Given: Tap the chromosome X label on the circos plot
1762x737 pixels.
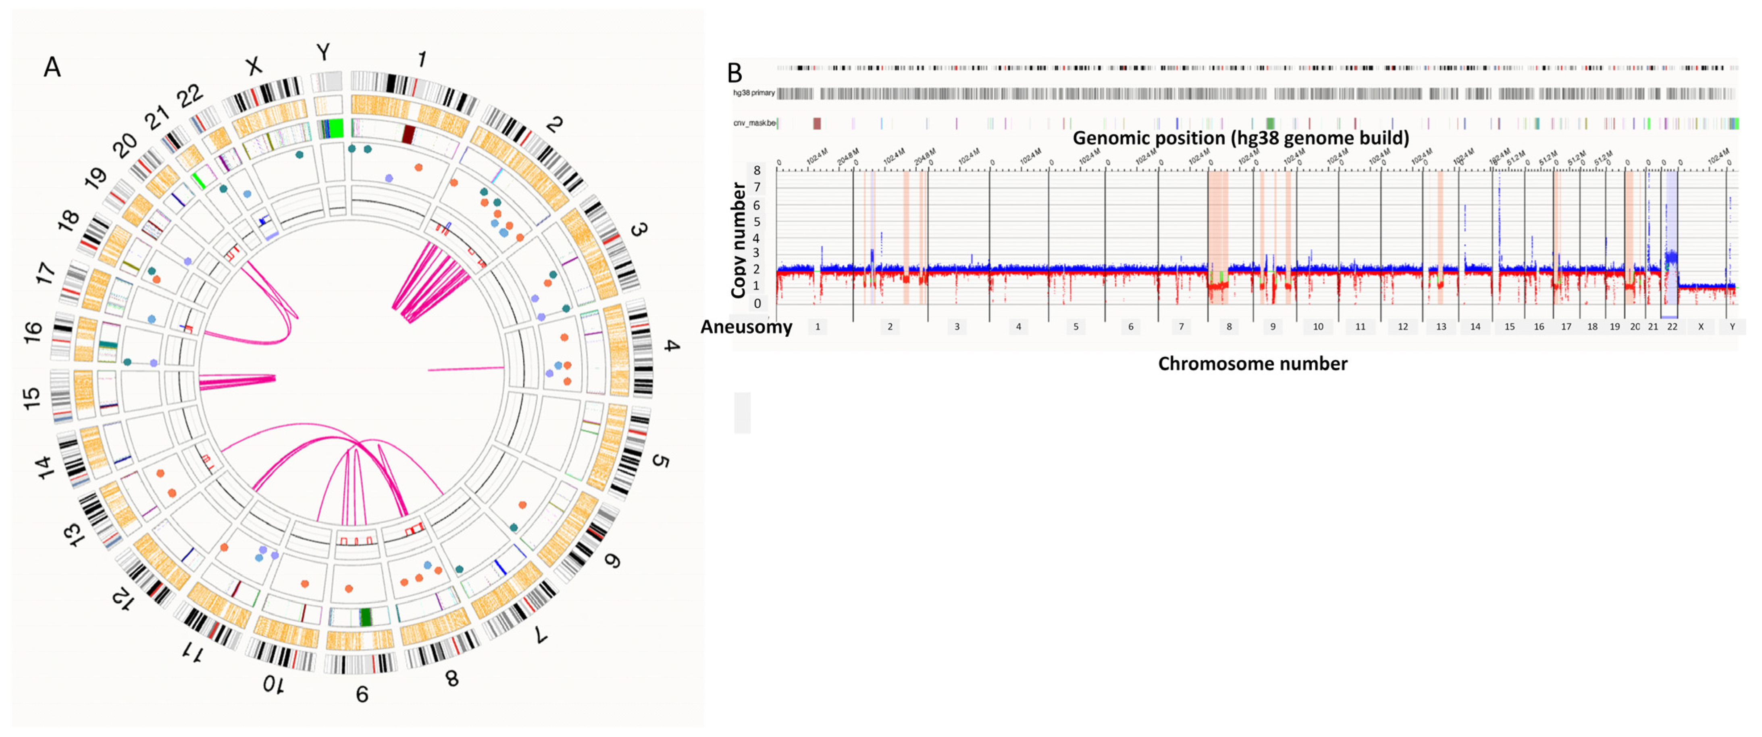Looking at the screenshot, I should click(x=253, y=66).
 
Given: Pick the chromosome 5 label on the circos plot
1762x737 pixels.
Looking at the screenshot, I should click(x=659, y=461).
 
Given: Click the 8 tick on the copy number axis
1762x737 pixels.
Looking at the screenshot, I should click(x=757, y=170).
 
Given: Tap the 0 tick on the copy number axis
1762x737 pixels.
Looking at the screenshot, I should click(x=757, y=303).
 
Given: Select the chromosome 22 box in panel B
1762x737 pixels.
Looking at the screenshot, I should click(x=1672, y=327).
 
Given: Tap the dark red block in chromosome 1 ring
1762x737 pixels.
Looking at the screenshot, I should click(x=408, y=134).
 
